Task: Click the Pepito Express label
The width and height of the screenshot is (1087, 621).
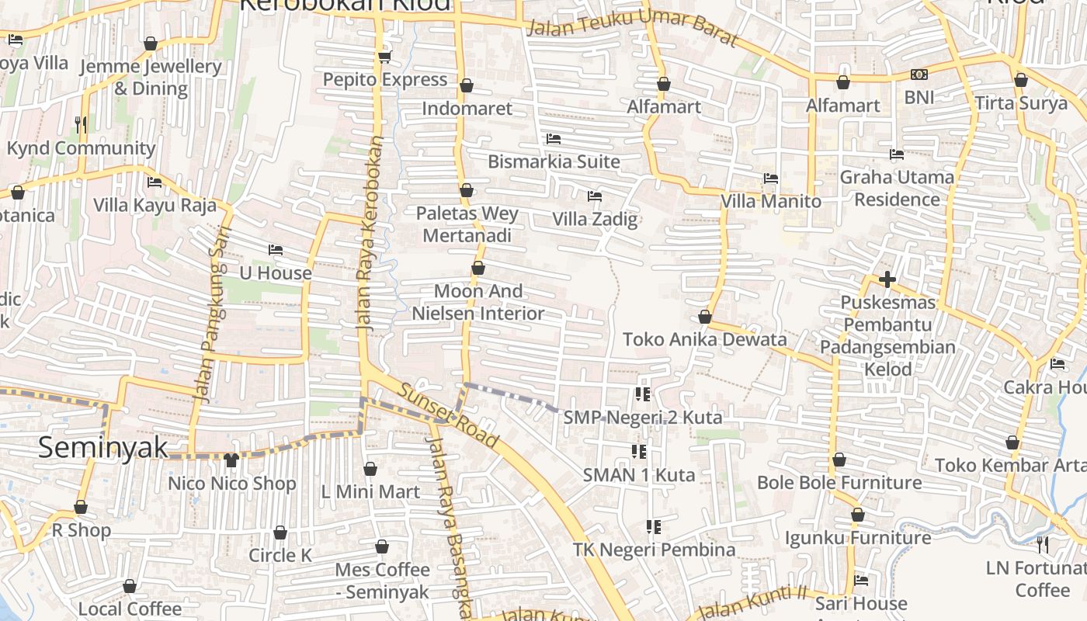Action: (385, 80)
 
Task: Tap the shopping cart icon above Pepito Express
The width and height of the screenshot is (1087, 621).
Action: (384, 56)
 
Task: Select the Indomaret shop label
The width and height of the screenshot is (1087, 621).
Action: (467, 109)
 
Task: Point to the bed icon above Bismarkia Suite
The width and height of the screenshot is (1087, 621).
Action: (554, 139)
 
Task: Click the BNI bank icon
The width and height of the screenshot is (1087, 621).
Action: (919, 75)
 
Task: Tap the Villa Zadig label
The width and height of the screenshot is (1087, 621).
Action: (595, 219)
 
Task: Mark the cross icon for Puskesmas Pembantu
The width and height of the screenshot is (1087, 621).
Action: (887, 279)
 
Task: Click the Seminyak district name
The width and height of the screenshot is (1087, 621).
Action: (103, 448)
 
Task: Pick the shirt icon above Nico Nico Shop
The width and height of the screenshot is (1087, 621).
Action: (231, 460)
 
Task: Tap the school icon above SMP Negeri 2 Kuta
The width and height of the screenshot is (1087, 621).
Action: (642, 394)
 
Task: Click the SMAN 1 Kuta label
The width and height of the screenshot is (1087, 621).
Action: (639, 475)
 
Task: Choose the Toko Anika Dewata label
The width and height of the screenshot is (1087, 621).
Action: (705, 340)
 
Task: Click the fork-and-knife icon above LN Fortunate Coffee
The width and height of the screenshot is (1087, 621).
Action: (1043, 545)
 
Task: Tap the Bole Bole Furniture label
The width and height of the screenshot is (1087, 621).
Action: (839, 483)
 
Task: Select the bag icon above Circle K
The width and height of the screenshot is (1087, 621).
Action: (280, 533)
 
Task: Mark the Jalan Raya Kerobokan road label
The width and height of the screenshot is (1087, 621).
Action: (370, 233)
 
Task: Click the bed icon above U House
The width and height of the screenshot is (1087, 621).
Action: (276, 250)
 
